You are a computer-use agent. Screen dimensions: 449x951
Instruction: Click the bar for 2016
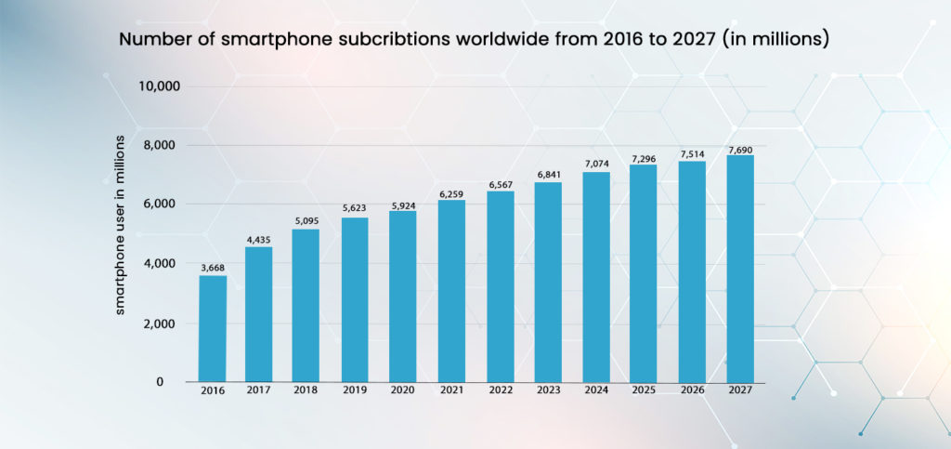pos(213,328)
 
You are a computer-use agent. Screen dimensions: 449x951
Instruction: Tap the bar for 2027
pos(740,269)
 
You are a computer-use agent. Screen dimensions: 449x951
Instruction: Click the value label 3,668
pos(213,267)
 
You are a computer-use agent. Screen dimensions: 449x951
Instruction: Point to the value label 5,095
pos(306,221)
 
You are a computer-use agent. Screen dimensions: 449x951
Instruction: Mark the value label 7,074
pos(596,164)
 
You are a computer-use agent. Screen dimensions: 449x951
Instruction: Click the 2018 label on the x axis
pos(306,391)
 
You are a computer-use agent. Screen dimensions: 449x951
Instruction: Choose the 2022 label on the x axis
pos(500,391)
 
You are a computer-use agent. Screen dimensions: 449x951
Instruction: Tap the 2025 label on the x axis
pos(645,391)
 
